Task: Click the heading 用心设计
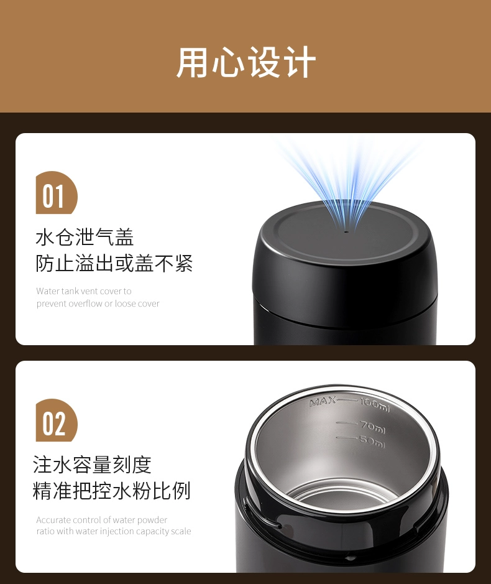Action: [246, 62]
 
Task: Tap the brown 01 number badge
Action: [56, 193]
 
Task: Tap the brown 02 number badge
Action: [56, 420]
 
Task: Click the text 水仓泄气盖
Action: [85, 237]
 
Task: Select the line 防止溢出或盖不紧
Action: [114, 263]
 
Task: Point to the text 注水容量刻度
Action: [92, 465]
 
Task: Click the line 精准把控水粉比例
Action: [112, 491]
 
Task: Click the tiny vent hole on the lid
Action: [347, 231]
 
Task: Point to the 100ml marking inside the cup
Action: [375, 405]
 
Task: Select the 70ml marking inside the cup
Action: [372, 427]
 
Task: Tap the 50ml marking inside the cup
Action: [372, 442]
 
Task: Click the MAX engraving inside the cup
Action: [323, 402]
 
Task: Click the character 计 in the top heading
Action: [300, 62]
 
